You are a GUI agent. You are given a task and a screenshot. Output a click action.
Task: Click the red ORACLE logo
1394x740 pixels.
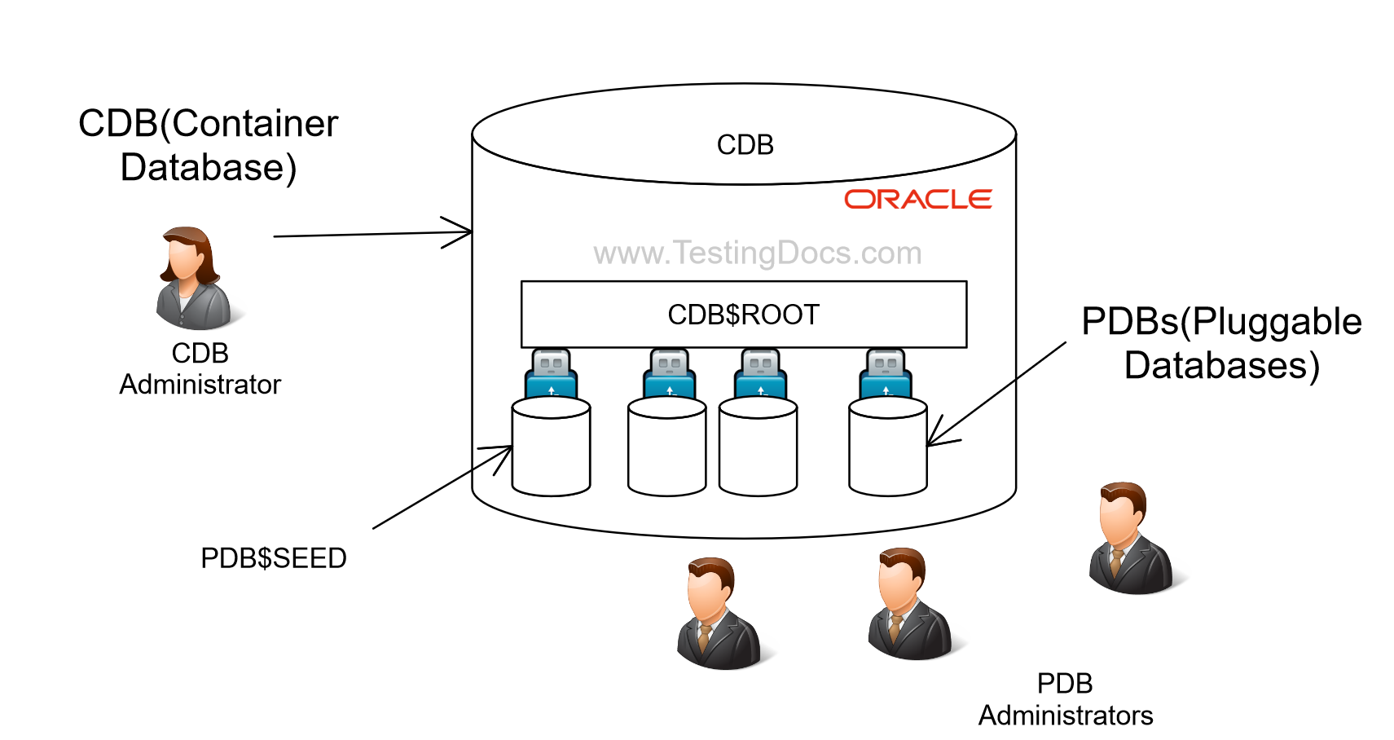[917, 200]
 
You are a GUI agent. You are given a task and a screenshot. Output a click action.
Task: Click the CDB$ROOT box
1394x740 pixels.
[743, 315]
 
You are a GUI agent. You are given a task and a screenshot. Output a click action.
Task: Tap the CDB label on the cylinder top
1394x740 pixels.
[745, 145]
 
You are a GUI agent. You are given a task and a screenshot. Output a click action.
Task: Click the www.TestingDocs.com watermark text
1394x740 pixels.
[757, 253]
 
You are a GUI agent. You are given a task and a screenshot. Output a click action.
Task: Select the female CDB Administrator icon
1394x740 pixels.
[193, 279]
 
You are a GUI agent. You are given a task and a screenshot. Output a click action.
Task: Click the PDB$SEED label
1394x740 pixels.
[274, 558]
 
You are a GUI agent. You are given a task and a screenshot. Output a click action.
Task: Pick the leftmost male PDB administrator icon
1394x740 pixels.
[717, 614]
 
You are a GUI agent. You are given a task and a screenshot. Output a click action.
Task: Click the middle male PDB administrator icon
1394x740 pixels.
[908, 605]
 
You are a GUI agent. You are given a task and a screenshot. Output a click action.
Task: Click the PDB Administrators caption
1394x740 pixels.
[1065, 699]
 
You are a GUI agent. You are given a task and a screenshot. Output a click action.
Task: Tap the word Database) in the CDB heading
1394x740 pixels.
[209, 168]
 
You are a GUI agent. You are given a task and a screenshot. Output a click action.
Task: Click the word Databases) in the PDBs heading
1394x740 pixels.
[1221, 365]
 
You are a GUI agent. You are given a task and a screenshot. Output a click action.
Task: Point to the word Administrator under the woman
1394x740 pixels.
[200, 385]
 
